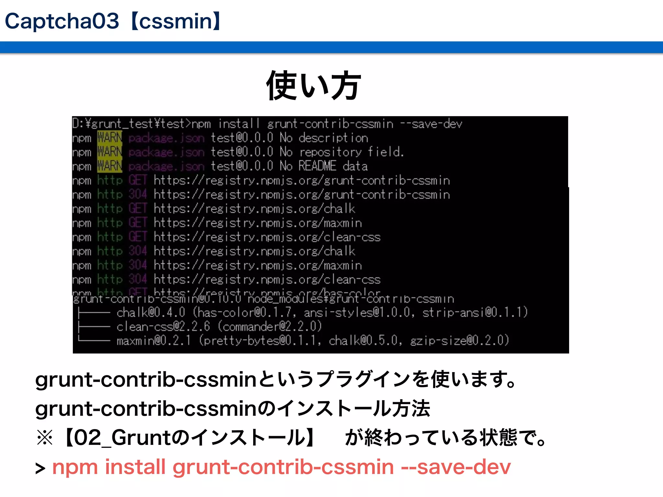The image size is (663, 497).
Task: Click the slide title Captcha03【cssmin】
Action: tap(113, 21)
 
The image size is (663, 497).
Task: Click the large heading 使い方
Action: tap(313, 86)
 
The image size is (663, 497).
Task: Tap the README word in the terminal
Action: tap(317, 166)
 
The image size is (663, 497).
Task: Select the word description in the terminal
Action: tap(333, 138)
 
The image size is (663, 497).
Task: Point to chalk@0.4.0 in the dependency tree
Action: tap(151, 313)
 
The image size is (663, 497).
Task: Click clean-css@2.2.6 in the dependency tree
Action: tap(163, 326)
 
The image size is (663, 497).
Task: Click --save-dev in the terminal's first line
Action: tap(431, 124)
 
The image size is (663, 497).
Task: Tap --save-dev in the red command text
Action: tap(456, 467)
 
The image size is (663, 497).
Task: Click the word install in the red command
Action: tap(135, 467)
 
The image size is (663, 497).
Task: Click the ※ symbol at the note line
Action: tap(45, 438)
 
